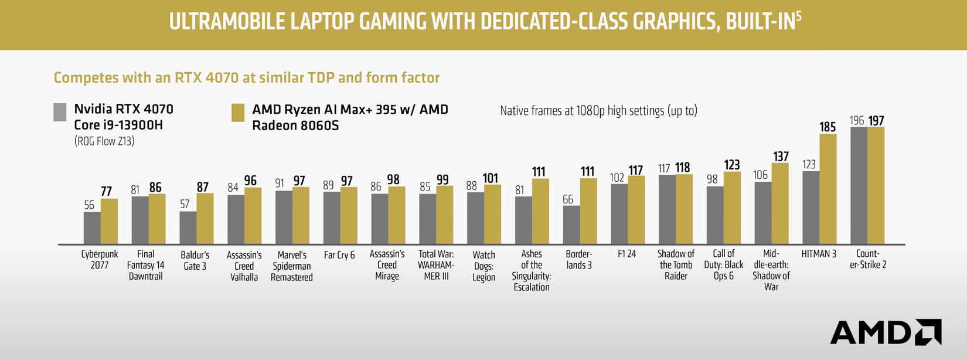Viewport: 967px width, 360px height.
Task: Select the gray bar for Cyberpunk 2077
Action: pos(92,228)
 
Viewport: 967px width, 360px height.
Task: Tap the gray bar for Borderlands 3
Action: pos(571,225)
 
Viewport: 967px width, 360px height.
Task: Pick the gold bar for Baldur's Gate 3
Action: pos(205,219)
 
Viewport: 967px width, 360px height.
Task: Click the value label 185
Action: pos(828,127)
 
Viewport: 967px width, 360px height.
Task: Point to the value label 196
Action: pos(857,120)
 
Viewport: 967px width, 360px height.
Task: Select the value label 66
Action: pos(568,199)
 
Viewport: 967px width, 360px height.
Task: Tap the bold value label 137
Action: pos(781,157)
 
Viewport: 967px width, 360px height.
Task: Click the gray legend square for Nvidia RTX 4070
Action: pos(60,112)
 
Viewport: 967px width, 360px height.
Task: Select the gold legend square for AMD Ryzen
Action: pos(237,113)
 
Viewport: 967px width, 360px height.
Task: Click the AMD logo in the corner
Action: pos(886,332)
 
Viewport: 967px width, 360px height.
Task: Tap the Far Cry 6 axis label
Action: pos(339,255)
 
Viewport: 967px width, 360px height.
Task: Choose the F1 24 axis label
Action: pos(626,254)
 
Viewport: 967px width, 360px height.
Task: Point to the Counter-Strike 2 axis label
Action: pos(868,259)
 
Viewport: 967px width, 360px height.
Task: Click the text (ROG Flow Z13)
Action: pos(104,141)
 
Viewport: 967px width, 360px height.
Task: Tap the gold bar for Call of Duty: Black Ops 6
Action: pos(732,208)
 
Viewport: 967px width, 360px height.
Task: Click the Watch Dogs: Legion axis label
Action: pos(483,266)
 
